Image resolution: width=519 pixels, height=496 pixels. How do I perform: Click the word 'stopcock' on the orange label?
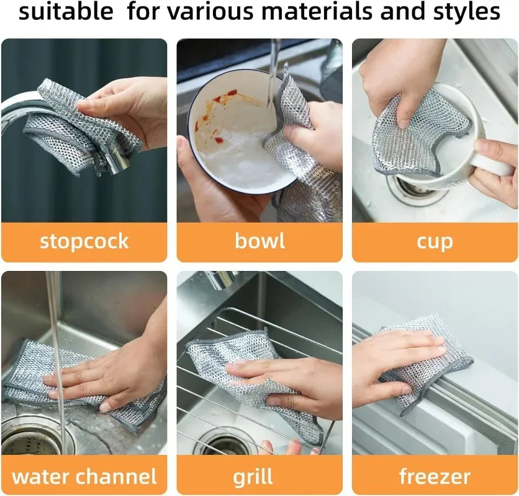point(84,241)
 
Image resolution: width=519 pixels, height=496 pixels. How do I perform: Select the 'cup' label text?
point(435,241)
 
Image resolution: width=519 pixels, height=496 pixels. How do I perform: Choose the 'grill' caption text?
point(253,477)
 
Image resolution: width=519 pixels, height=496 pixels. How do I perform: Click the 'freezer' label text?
point(435,477)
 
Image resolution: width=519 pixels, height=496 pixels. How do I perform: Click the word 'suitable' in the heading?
point(66,12)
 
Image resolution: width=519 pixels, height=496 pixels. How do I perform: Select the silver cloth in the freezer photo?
point(428,366)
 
